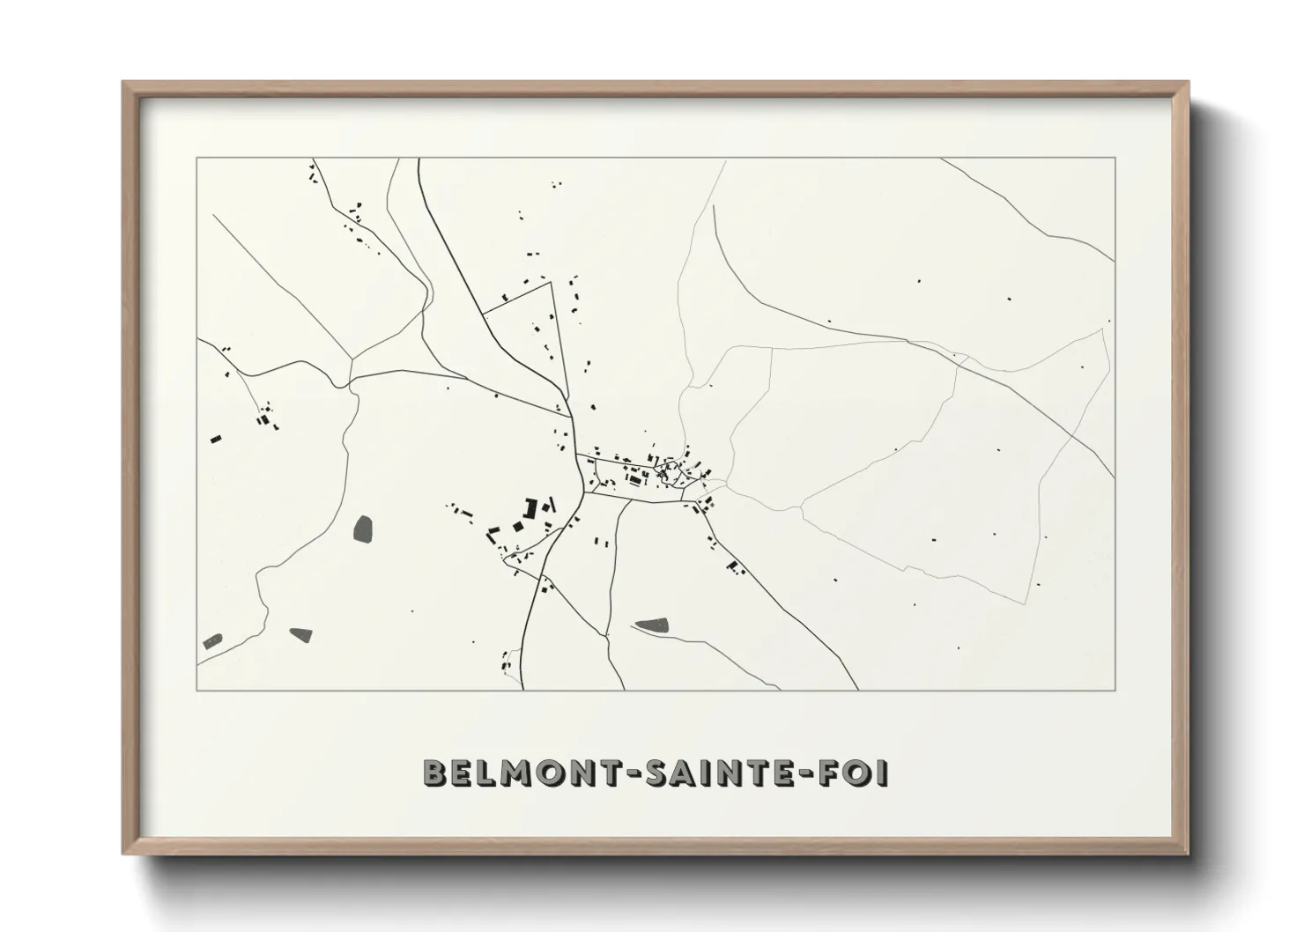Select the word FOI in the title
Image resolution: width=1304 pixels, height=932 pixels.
[851, 773]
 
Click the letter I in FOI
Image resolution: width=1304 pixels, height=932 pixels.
[882, 773]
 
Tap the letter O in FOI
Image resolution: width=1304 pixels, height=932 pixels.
[851, 773]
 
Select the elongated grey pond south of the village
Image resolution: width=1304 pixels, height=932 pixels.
[652, 625]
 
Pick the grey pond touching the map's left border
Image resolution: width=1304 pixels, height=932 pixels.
[212, 640]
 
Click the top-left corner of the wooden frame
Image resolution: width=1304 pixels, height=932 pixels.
[124, 84]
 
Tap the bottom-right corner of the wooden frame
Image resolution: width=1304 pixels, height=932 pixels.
[1187, 854]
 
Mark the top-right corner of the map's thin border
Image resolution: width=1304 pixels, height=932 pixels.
[1115, 159]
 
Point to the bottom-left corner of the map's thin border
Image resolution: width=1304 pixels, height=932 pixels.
[197, 690]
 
